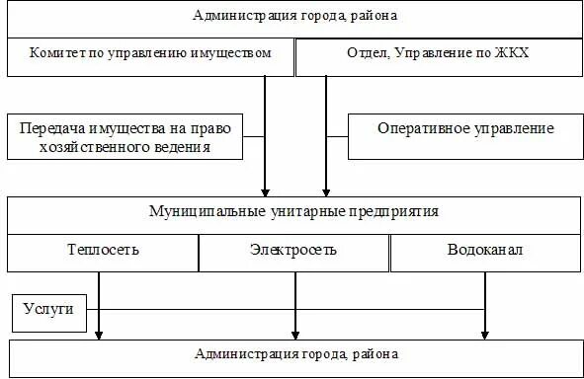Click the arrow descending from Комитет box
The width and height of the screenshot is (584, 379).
265,138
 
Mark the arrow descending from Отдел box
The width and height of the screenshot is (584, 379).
325,138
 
